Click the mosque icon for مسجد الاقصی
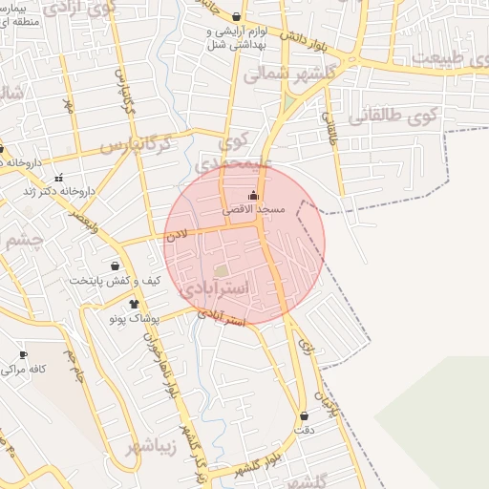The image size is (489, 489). [252, 196]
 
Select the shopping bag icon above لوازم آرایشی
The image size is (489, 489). [237, 16]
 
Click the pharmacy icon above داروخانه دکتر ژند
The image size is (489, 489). [59, 177]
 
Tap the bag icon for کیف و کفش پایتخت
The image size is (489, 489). [115, 266]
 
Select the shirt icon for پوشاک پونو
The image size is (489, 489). [134, 303]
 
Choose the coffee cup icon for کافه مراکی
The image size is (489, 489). [23, 354]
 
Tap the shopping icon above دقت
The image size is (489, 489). [305, 415]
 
